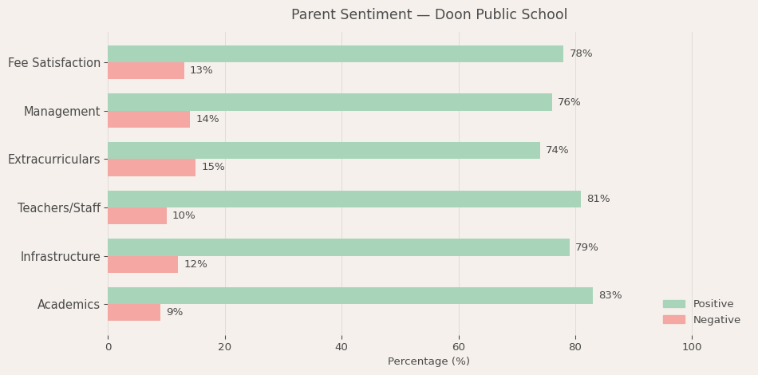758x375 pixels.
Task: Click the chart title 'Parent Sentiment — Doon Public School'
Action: click(428, 15)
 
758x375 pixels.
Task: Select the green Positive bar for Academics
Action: click(349, 296)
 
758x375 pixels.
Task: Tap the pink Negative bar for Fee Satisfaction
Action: click(146, 71)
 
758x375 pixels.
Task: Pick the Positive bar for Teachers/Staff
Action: click(344, 199)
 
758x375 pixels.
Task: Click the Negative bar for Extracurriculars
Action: click(152, 168)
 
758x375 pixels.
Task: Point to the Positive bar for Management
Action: click(330, 102)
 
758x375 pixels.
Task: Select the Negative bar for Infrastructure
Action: click(143, 264)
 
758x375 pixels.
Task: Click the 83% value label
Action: click(610, 296)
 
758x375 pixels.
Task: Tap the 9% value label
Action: click(174, 313)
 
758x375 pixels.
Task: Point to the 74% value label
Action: click(557, 151)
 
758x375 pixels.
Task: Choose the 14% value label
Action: click(207, 120)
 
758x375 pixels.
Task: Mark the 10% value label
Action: click(184, 216)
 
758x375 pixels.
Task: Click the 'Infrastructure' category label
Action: click(61, 256)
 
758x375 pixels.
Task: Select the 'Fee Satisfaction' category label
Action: click(54, 63)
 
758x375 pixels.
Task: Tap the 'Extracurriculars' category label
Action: click(54, 160)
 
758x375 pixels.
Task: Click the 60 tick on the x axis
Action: click(459, 347)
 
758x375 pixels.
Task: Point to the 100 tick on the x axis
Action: click(692, 347)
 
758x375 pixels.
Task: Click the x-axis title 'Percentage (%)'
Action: click(428, 361)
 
